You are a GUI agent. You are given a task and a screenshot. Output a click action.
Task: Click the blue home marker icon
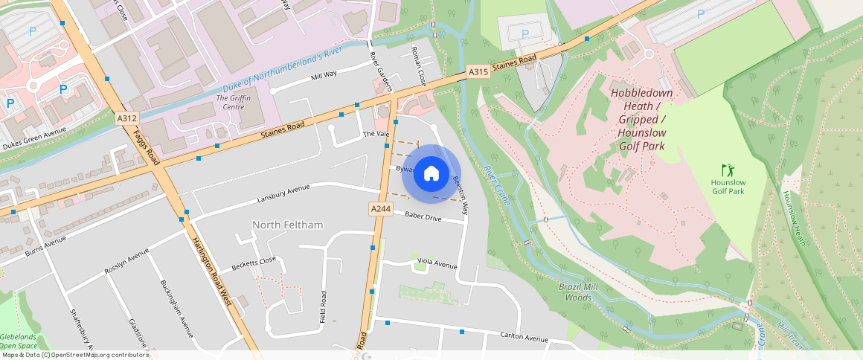[x=431, y=174]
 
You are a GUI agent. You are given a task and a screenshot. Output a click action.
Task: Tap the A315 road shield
[x=478, y=71]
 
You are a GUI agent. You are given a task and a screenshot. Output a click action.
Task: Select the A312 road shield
[x=126, y=118]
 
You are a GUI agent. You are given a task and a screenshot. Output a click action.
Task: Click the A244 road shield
[x=381, y=210]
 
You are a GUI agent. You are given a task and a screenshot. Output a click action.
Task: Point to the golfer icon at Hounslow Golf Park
[x=726, y=170]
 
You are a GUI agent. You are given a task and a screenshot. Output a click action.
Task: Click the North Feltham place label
[x=288, y=225]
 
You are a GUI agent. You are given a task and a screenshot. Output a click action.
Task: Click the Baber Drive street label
[x=423, y=217]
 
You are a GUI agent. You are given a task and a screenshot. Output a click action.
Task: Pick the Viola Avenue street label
[x=437, y=264]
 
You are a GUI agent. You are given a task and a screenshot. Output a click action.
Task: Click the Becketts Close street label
[x=254, y=262]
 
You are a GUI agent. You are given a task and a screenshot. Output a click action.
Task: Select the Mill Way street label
[x=324, y=75]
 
